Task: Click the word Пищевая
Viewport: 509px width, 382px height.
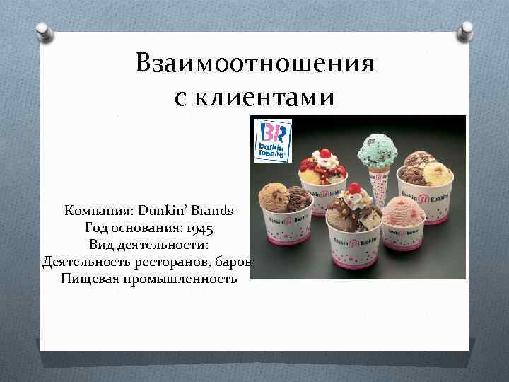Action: (x=90, y=279)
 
